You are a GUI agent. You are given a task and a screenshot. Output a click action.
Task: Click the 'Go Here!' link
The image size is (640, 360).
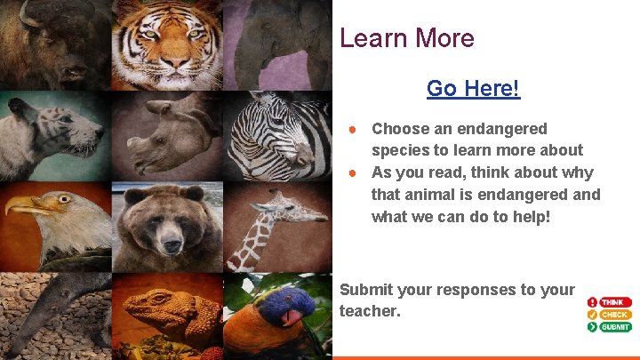coord(473,89)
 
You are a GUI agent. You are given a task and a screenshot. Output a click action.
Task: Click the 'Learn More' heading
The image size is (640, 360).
coord(407,38)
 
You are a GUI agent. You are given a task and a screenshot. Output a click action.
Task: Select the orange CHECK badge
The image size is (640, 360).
coord(614,315)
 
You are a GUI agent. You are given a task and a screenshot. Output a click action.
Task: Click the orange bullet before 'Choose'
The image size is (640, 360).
coord(353,129)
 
